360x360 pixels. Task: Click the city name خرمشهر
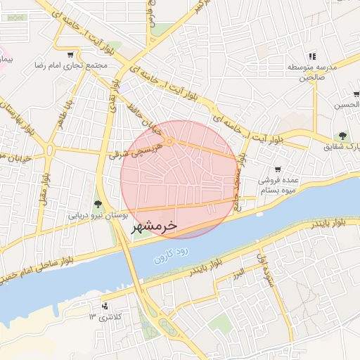click(153, 228)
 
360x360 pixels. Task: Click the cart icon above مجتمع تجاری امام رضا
click(70, 54)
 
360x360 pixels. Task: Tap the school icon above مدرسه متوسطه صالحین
click(313, 56)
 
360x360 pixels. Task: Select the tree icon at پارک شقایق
click(342, 136)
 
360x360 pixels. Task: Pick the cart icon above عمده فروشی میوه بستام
click(278, 169)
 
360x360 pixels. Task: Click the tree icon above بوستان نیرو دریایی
click(97, 203)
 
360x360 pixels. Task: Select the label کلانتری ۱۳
click(105, 317)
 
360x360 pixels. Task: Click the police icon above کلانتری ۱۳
click(105, 306)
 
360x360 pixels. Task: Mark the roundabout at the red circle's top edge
click(170, 141)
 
